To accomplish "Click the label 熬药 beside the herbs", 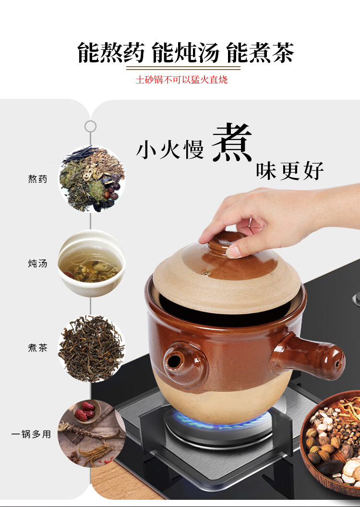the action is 37,179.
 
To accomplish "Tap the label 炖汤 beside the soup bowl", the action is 37,263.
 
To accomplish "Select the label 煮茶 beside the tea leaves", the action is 37,348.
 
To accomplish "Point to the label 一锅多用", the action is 31,434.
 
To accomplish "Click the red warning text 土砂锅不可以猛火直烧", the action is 181,80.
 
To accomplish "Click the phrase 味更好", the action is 290,171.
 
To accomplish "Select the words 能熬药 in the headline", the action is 111,52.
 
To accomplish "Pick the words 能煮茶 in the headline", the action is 260,52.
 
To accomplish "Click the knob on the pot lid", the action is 227,243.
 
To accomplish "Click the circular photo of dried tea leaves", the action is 91,349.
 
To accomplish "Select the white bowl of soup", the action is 92,263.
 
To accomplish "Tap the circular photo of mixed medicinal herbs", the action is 92,179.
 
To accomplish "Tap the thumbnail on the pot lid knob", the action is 235,251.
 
